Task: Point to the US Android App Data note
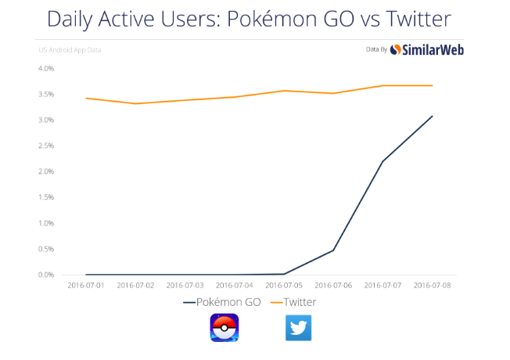point(70,50)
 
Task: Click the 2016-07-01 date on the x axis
point(86,286)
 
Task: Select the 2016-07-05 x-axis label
point(285,286)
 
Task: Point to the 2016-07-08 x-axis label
point(433,286)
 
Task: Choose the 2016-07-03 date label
point(185,286)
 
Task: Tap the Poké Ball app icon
point(224,327)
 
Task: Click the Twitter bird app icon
point(298,327)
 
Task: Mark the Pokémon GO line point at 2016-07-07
point(382,161)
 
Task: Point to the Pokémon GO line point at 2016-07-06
point(333,250)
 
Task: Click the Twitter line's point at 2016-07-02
point(135,103)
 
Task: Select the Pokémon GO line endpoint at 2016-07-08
point(432,117)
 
